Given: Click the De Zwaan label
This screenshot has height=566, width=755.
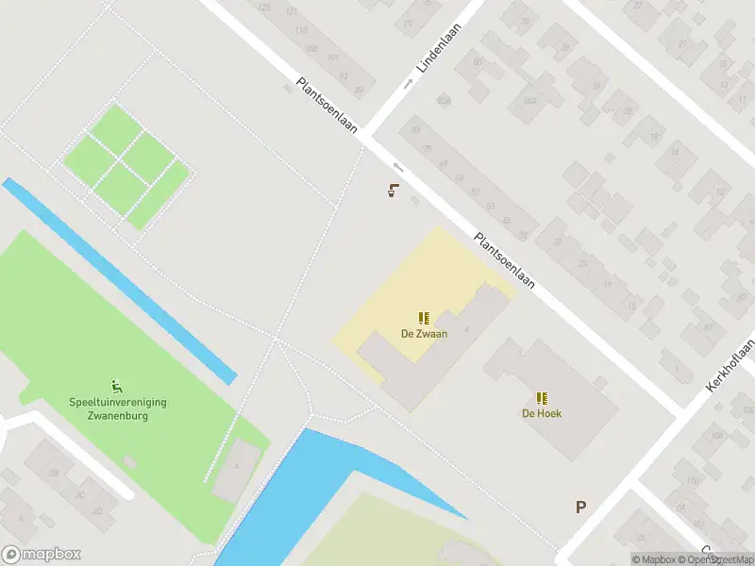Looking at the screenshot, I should click(x=424, y=333).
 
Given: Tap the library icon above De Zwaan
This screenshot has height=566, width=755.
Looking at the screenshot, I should click(x=424, y=318).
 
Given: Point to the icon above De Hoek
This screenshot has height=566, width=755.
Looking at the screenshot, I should click(x=542, y=398).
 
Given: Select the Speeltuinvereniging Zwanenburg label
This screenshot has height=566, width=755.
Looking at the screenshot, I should click(x=117, y=408).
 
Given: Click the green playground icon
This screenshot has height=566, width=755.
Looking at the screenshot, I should click(x=117, y=385).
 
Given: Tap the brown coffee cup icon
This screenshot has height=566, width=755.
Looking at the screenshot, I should click(x=393, y=191).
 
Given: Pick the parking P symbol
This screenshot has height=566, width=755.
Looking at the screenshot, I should click(x=581, y=507).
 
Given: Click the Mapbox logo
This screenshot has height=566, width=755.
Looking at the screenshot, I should click(x=42, y=555).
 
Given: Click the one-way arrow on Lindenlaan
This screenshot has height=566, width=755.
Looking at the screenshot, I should click(x=409, y=83).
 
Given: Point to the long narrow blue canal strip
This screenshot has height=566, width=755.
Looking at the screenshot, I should click(x=118, y=279).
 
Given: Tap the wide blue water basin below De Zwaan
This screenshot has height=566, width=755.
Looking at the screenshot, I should click(x=311, y=481).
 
